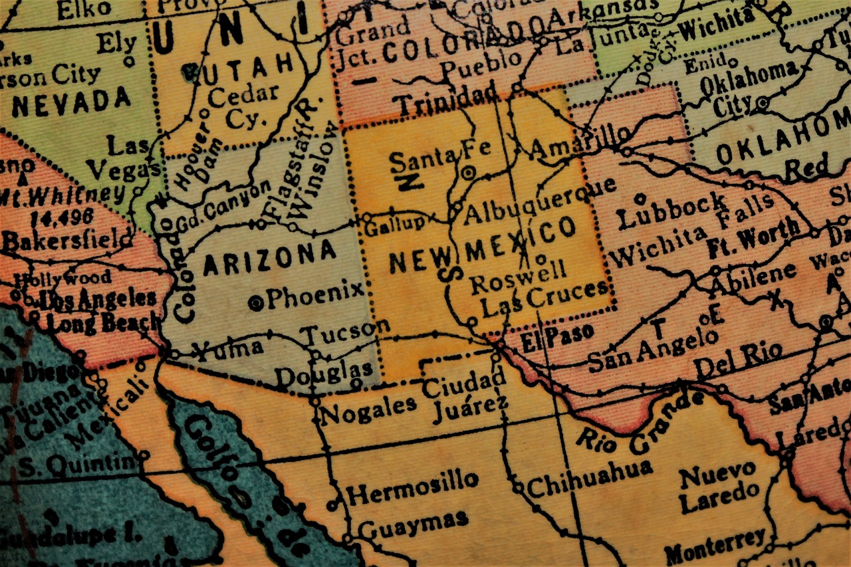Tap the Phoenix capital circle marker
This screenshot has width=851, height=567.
(256, 304)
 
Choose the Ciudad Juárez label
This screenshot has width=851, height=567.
(465, 396)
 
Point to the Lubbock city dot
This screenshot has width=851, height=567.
(640, 198)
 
